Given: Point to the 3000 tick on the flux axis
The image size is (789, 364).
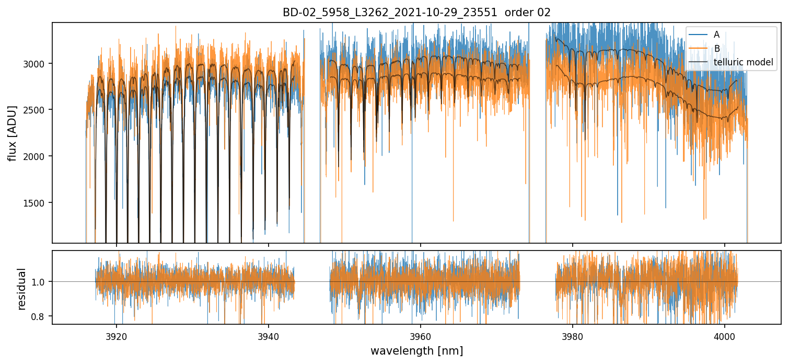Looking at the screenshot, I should coord(38,63).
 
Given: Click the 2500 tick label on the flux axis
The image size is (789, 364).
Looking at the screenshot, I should coord(38,110).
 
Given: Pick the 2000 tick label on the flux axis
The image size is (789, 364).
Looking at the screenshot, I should coord(38,156).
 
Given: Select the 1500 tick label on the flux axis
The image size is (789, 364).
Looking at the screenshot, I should coord(38,203).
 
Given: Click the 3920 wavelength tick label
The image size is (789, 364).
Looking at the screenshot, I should coord(116,335).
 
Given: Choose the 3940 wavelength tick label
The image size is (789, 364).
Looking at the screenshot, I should coord(268,335).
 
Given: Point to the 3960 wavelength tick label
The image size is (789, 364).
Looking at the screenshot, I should coord(420,335).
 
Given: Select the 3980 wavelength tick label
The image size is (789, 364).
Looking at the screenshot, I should coord(573,335).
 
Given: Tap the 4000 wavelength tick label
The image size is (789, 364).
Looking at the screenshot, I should coord(725,335).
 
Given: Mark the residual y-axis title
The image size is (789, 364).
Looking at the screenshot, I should coord(22,289).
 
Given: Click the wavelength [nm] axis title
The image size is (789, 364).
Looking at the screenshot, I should coord(416,351).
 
